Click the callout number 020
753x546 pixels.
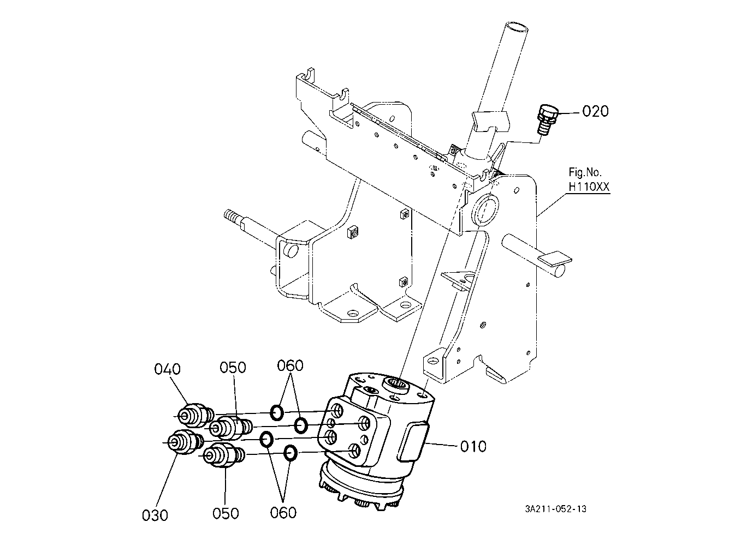click(x=595, y=111)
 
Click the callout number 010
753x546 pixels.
click(x=473, y=447)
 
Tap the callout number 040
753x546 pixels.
click(x=168, y=369)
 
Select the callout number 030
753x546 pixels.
click(x=155, y=515)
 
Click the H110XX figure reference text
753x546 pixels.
click(x=589, y=187)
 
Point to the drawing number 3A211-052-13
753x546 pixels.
click(x=556, y=509)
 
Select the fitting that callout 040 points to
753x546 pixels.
click(x=195, y=415)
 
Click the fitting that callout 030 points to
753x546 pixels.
click(x=185, y=442)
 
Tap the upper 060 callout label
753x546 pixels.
click(x=290, y=365)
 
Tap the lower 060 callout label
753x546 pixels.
click(x=283, y=513)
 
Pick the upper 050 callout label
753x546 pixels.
click(x=233, y=367)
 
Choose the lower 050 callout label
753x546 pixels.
click(x=226, y=513)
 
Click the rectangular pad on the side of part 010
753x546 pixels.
click(x=412, y=441)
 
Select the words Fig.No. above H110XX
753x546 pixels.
click(x=585, y=172)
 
